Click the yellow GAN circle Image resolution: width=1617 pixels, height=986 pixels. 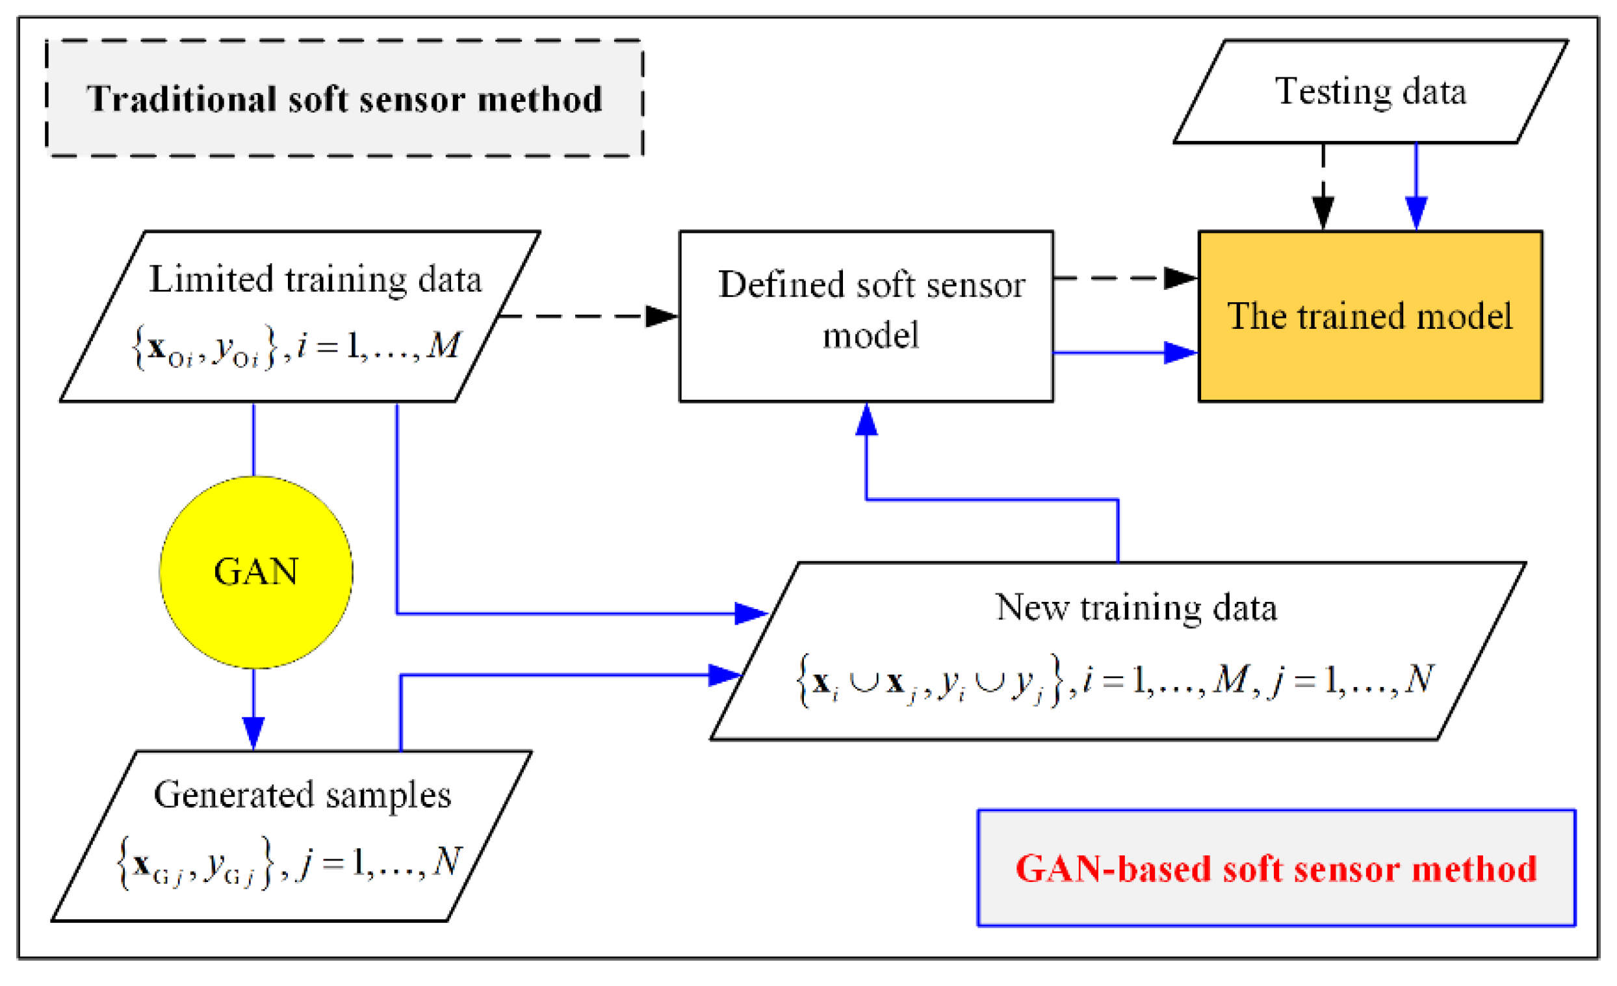(256, 572)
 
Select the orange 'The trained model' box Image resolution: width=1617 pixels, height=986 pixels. (1369, 316)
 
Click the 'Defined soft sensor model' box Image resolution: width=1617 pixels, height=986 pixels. (866, 316)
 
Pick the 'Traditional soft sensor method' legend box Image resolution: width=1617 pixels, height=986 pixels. (344, 98)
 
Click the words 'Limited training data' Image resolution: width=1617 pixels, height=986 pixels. (315, 279)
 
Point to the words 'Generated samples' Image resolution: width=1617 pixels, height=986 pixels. (302, 794)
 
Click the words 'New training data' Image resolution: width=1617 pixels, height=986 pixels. (1135, 606)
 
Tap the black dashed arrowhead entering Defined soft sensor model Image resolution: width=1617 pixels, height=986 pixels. (662, 316)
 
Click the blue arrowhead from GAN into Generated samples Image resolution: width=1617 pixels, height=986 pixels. (253, 733)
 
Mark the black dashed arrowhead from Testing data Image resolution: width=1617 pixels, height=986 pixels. (1323, 211)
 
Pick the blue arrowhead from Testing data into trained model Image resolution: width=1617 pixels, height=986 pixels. (1416, 211)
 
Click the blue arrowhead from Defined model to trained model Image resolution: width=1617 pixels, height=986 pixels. (1180, 352)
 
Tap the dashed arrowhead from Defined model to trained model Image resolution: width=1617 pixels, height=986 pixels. (1180, 278)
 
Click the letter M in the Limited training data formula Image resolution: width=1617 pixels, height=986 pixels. (444, 344)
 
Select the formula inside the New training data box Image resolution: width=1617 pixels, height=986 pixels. (1116, 679)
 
